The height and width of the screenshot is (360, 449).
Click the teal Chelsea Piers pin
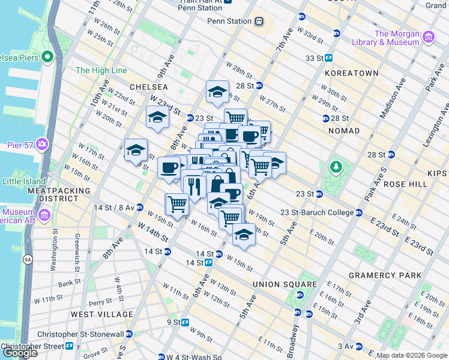(47, 58)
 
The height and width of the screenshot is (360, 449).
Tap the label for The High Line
(101, 70)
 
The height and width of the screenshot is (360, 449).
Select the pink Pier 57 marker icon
(41, 143)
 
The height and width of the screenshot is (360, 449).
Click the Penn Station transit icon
(259, 21)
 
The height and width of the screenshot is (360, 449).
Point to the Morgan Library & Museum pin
(428, 38)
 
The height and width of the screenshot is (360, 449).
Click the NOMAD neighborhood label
(345, 130)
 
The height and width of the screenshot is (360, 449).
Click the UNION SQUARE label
(285, 284)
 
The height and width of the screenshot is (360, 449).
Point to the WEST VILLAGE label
(101, 314)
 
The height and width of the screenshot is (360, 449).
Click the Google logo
(20, 353)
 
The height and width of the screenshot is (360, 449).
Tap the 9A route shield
(27, 259)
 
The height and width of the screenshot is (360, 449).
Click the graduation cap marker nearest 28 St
(217, 92)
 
